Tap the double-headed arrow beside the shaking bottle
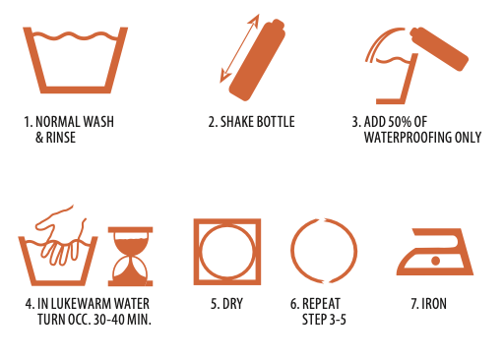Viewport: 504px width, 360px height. pyautogui.click(x=239, y=48)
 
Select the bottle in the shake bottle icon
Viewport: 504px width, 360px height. pyautogui.click(x=257, y=59)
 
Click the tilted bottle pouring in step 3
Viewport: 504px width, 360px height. pyautogui.click(x=439, y=48)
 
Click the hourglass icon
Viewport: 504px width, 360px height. pyautogui.click(x=130, y=257)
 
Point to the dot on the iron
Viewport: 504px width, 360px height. pyautogui.click(x=435, y=261)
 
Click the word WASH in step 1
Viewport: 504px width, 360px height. pyautogui.click(x=98, y=122)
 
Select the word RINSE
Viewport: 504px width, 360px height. pyautogui.click(x=61, y=138)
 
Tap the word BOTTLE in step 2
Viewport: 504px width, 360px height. pyautogui.click(x=276, y=122)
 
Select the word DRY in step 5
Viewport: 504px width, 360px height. pyautogui.click(x=232, y=304)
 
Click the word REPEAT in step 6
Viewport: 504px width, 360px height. pyautogui.click(x=321, y=304)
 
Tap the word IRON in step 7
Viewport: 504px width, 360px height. pyautogui.click(x=434, y=304)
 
